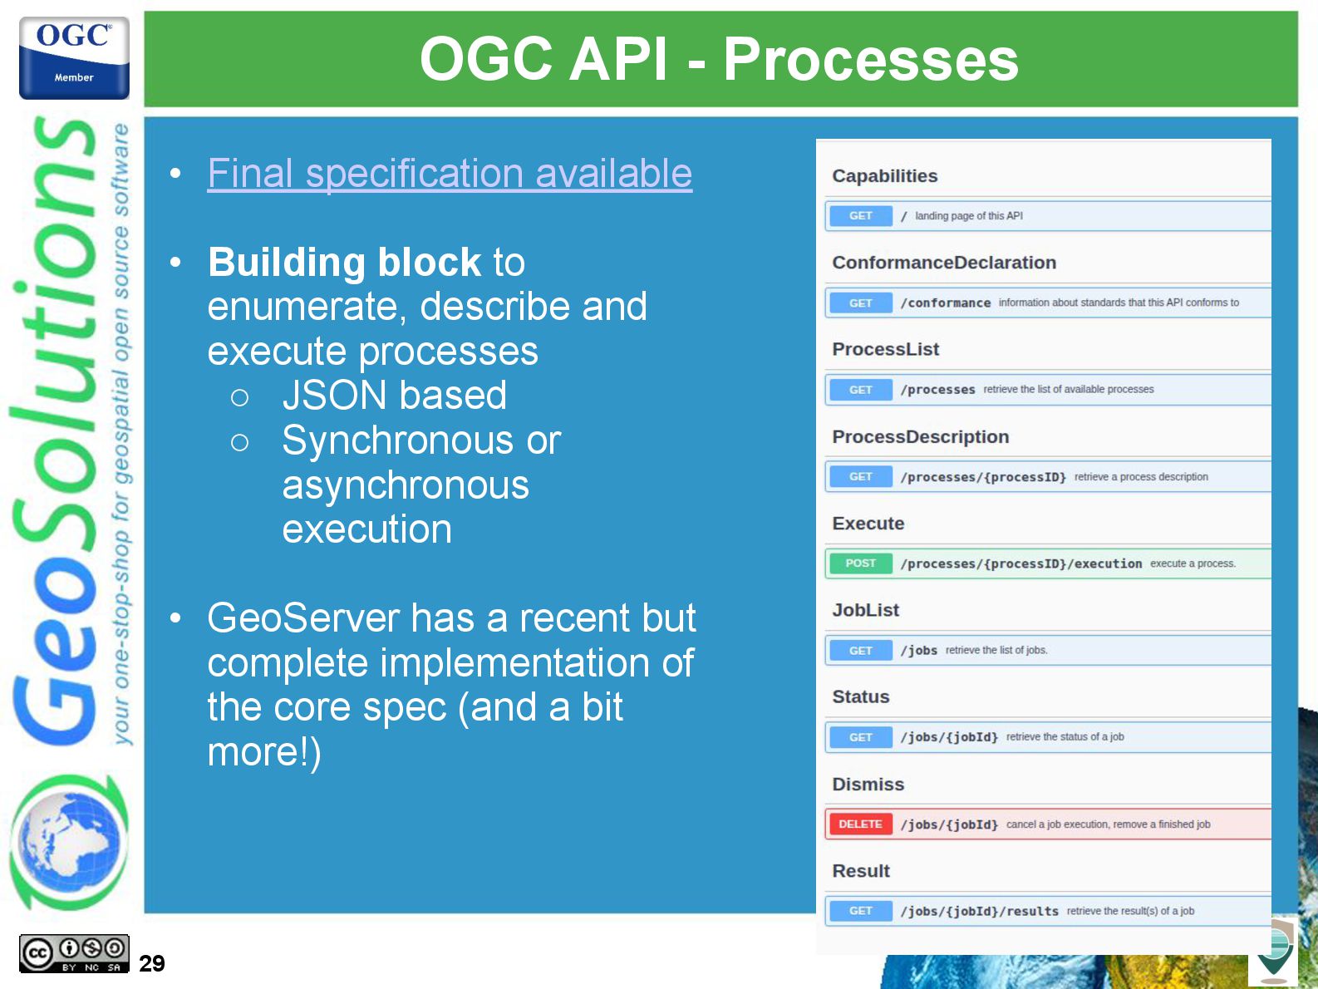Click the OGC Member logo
pyautogui.click(x=74, y=57)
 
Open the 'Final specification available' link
pyautogui.click(x=450, y=173)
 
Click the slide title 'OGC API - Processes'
pyautogui.click(x=719, y=59)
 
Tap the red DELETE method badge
pyautogui.click(x=860, y=824)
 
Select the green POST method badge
pyautogui.click(x=860, y=563)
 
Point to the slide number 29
pyautogui.click(x=152, y=963)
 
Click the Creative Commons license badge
pyautogui.click(x=74, y=953)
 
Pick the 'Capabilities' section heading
pyautogui.click(x=884, y=176)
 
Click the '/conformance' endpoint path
pyautogui.click(x=945, y=303)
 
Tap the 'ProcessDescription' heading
pyautogui.click(x=921, y=436)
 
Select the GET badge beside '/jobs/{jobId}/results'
pyautogui.click(x=860, y=911)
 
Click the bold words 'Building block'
pyautogui.click(x=344, y=262)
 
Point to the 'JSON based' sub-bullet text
pyautogui.click(x=395, y=395)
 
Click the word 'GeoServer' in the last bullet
pyautogui.click(x=303, y=618)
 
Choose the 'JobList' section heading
pyautogui.click(x=865, y=610)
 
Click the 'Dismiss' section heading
pyautogui.click(x=868, y=785)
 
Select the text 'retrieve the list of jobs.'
pyautogui.click(x=996, y=650)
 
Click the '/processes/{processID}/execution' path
pyautogui.click(x=1020, y=563)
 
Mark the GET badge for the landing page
pyautogui.click(x=860, y=215)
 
